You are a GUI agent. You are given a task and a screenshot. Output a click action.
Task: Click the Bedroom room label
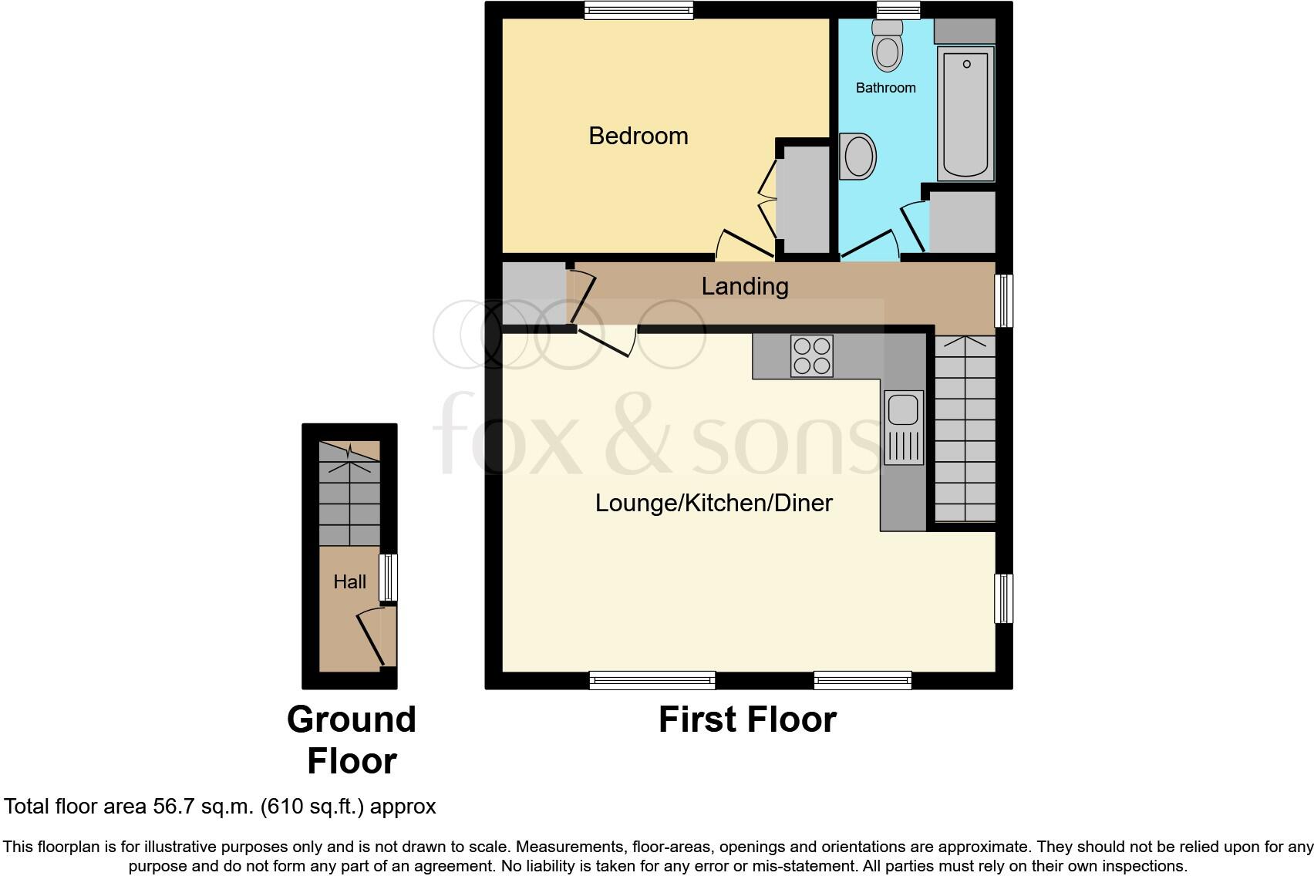click(x=638, y=136)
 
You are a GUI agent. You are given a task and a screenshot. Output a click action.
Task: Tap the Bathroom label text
click(x=885, y=88)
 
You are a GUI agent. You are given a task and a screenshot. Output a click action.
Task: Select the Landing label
click(x=744, y=286)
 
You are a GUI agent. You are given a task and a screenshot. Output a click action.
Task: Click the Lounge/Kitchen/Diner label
click(x=713, y=503)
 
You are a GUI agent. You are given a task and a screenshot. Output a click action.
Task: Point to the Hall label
click(x=349, y=581)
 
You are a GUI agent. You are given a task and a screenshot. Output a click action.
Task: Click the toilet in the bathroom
click(x=888, y=46)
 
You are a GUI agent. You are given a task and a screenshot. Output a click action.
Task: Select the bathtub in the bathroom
click(x=965, y=113)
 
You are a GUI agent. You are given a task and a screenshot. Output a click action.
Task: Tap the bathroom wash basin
click(x=858, y=157)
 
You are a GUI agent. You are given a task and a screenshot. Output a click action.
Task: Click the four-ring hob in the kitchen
click(x=811, y=356)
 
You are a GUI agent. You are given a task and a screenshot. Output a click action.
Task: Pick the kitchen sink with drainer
click(x=903, y=427)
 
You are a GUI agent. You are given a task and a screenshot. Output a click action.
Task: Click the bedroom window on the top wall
click(x=638, y=10)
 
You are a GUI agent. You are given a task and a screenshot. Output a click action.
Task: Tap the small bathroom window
click(x=898, y=10)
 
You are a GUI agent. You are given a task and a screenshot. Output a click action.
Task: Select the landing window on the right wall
click(x=1003, y=300)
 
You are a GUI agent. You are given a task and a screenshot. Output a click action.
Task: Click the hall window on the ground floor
click(x=388, y=577)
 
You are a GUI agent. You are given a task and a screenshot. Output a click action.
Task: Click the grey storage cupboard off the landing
click(x=533, y=292)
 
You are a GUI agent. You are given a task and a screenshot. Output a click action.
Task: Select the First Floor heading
click(x=746, y=719)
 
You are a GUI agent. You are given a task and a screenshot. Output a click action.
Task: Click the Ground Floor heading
click(x=351, y=740)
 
